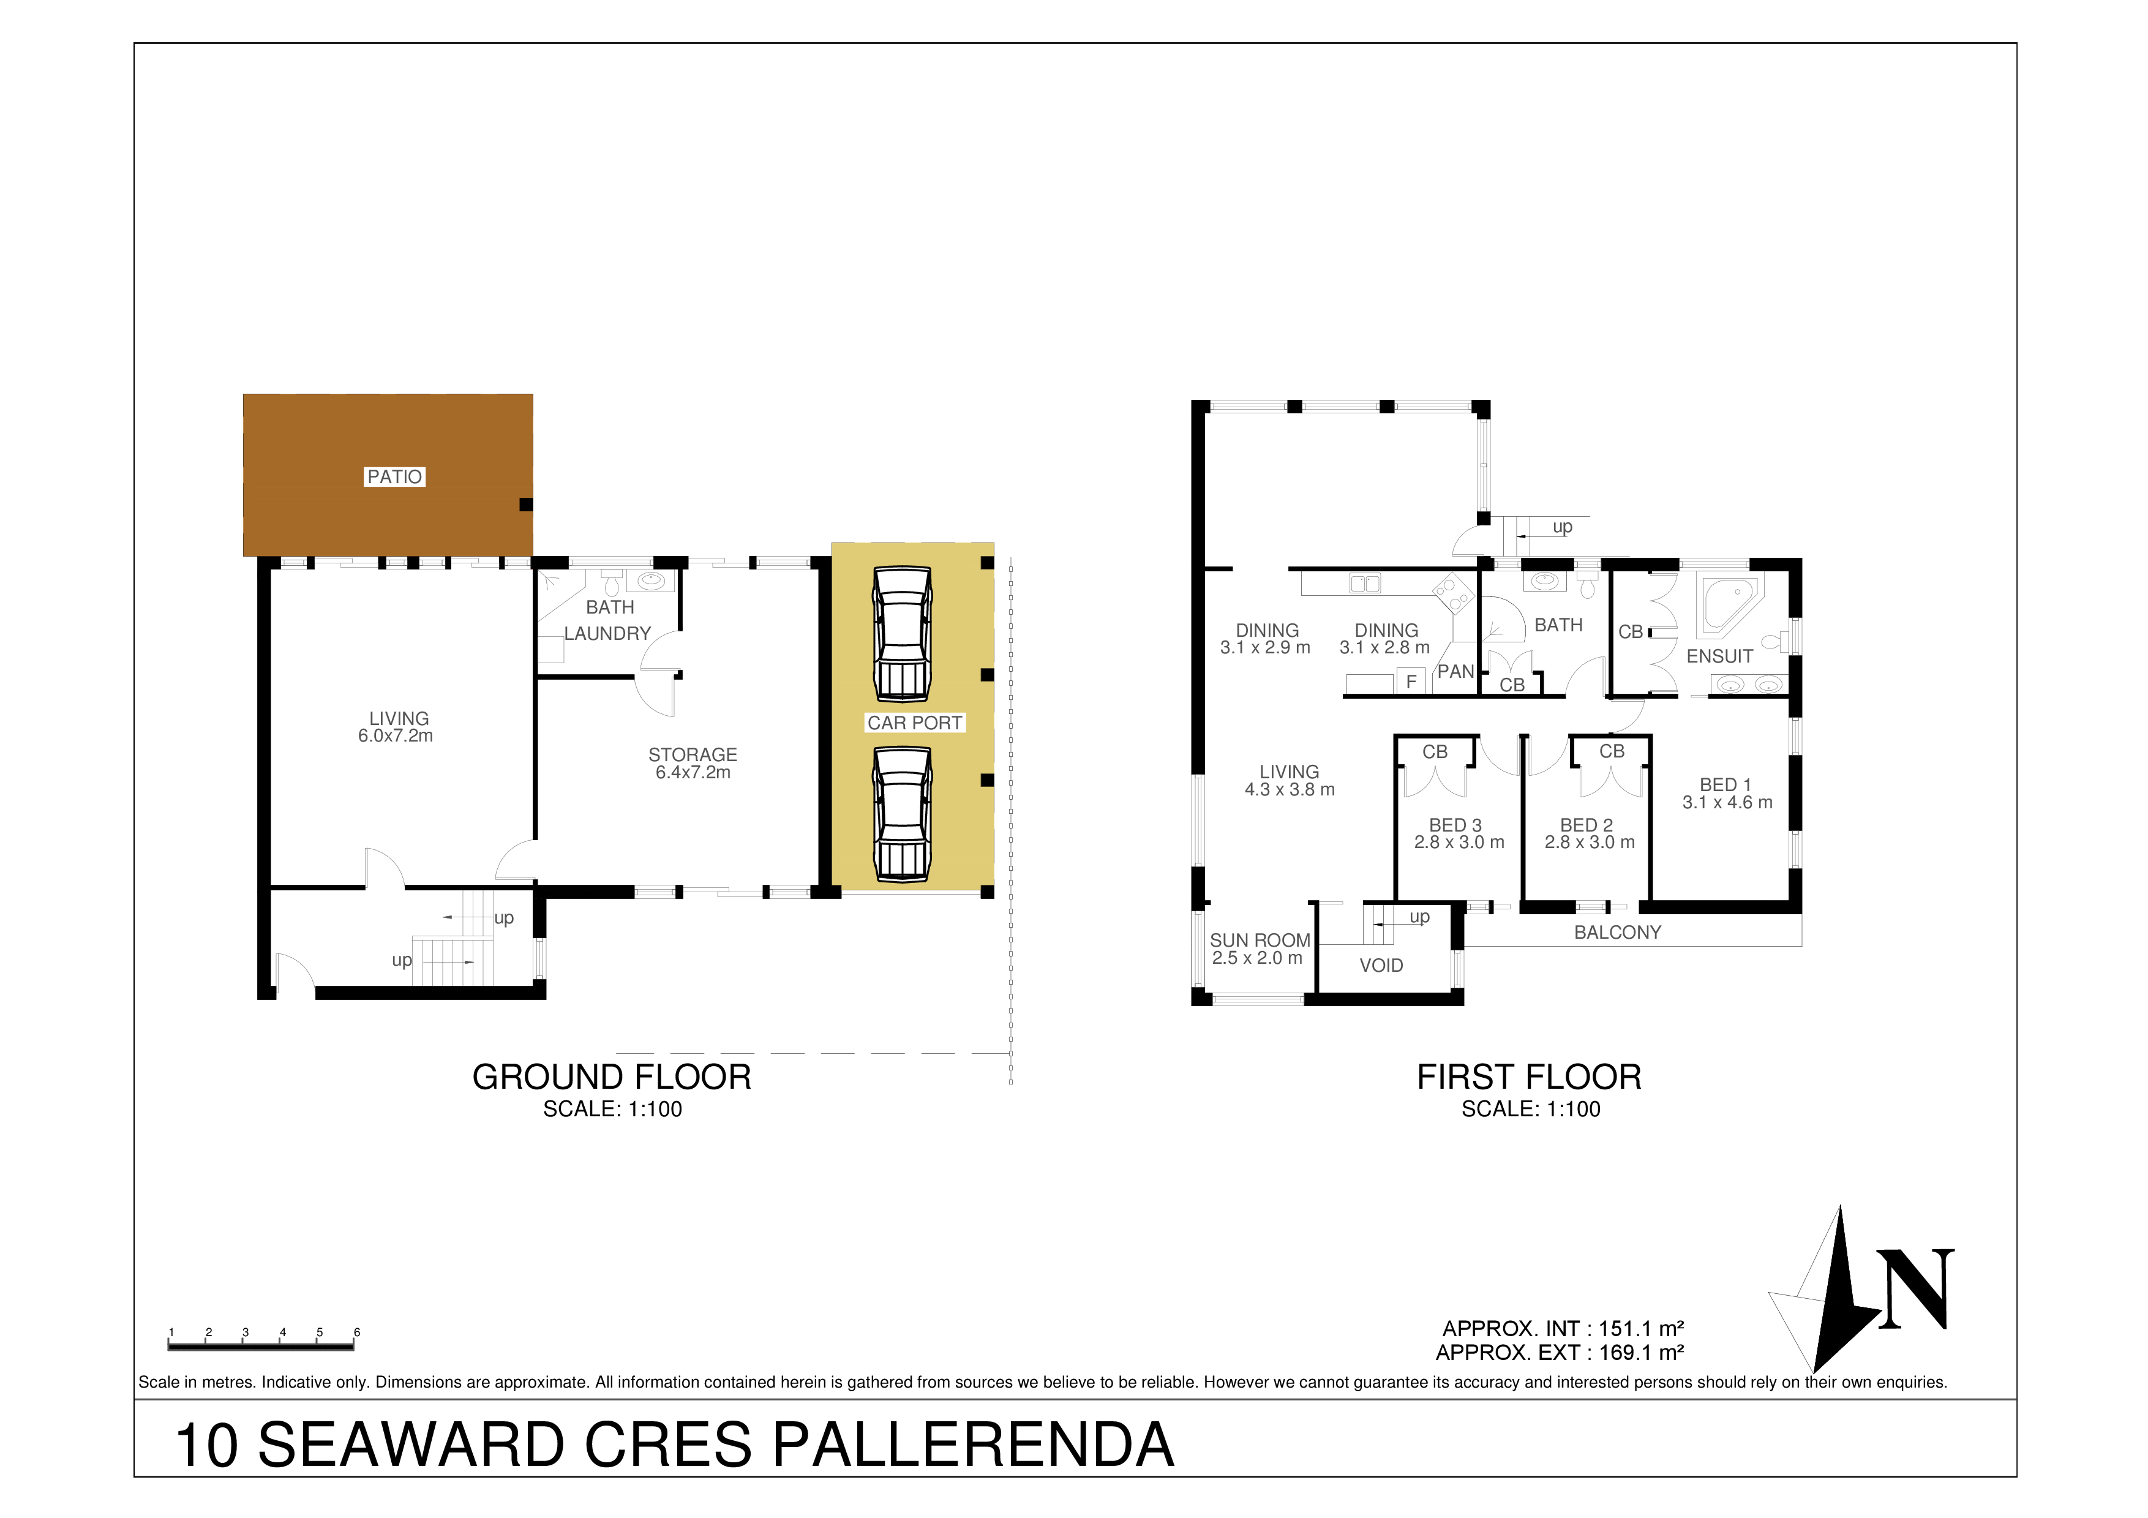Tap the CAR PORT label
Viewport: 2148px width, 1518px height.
914,723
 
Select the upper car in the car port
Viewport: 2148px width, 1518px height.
903,634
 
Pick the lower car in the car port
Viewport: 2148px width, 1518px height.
903,814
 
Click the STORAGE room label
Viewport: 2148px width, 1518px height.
693,755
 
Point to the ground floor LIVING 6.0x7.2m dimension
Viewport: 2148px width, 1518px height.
395,736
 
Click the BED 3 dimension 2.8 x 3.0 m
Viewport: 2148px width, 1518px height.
1459,842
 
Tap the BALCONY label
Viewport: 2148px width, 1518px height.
1618,933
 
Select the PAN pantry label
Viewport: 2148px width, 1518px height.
1455,672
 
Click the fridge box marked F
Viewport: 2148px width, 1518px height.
1411,682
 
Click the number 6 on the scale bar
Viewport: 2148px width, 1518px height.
356,1332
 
